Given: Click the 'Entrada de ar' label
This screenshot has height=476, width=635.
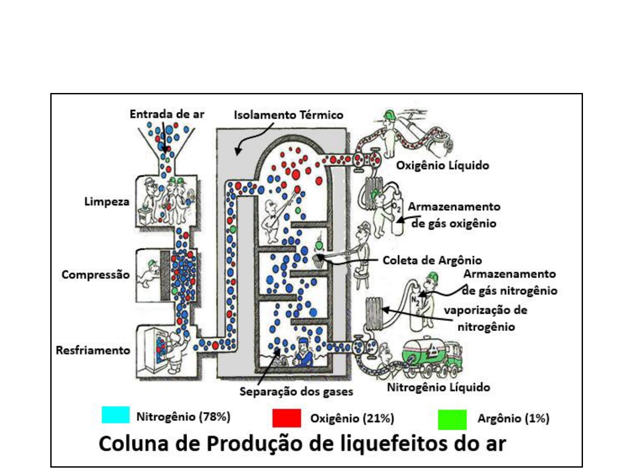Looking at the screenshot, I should [167, 114].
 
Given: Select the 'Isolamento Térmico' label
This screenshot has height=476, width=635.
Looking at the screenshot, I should [288, 115].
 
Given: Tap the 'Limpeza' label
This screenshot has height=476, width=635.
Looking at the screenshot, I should [107, 202].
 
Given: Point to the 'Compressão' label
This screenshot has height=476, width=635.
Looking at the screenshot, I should [95, 275].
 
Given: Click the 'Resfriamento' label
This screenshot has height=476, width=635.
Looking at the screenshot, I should [93, 350].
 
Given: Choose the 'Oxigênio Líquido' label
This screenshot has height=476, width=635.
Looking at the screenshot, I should [442, 166].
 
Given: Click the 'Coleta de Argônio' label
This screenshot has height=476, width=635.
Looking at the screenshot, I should [432, 260].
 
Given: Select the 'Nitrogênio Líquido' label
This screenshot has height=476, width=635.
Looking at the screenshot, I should [438, 387].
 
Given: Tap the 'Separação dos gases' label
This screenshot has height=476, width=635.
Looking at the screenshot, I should [296, 391].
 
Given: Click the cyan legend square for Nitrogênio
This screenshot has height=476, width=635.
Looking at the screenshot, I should [116, 415].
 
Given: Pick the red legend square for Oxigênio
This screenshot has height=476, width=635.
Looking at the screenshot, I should [287, 418].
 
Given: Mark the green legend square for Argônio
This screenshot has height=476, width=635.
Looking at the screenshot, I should [452, 419].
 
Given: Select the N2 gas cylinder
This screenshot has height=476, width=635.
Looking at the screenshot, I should [415, 309].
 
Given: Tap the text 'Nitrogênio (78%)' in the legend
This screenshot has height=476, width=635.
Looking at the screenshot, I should [183, 417].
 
